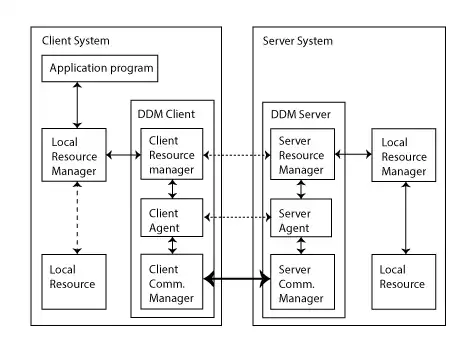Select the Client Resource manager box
tap(171, 155)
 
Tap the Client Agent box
tap(171, 220)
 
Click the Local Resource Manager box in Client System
tap(75, 155)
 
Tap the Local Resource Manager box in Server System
tap(403, 155)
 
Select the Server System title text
tap(297, 41)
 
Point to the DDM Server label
tap(298, 113)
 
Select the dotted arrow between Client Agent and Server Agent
tap(237, 216)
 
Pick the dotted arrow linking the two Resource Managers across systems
tap(237, 155)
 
